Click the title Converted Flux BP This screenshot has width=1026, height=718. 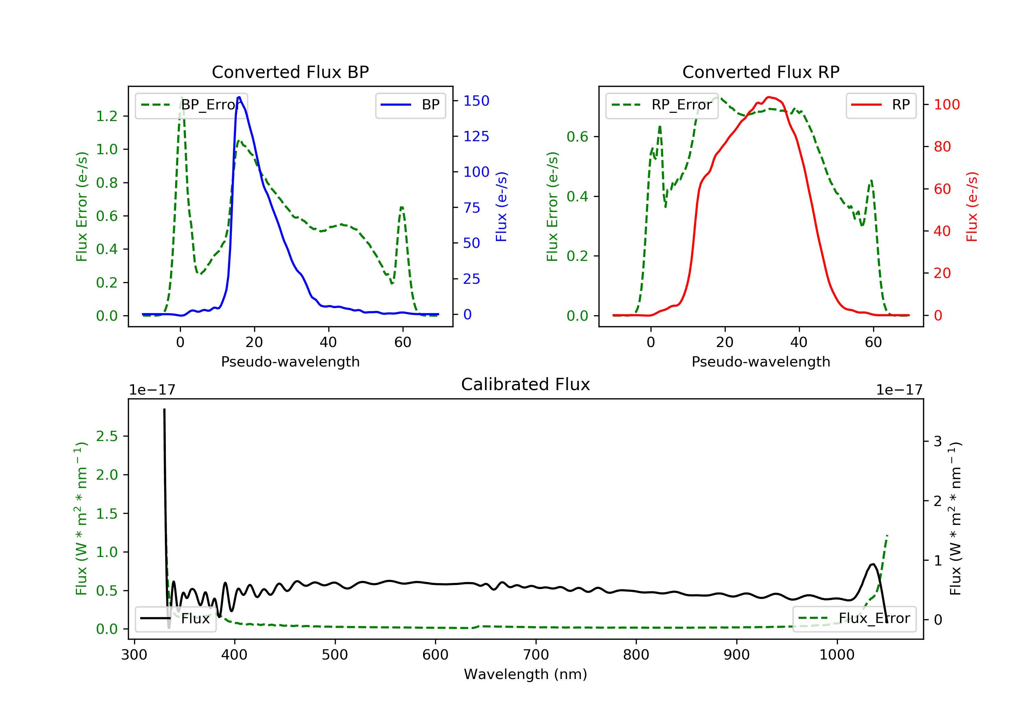click(x=290, y=72)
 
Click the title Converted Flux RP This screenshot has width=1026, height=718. click(x=761, y=72)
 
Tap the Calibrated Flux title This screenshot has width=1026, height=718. click(x=526, y=384)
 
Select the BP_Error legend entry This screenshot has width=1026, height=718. click(x=191, y=105)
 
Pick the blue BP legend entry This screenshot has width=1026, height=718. click(x=410, y=105)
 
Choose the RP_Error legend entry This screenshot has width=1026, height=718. click(x=661, y=105)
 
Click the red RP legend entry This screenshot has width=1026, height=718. click(x=880, y=105)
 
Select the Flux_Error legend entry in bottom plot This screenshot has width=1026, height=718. click(x=854, y=619)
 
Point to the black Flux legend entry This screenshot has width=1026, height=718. click(x=175, y=619)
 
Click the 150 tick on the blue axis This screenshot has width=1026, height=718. click(x=476, y=101)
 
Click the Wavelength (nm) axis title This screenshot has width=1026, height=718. click(x=526, y=674)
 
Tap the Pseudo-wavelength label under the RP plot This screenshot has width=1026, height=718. click(x=761, y=361)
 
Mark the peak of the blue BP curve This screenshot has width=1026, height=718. click(x=239, y=97)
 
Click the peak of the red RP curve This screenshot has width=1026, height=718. click(x=768, y=97)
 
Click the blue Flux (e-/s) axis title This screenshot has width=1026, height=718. click(x=501, y=207)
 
